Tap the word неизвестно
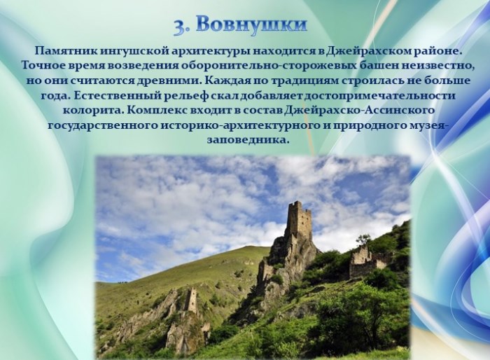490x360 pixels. coord(430,67)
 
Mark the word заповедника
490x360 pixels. coord(246,141)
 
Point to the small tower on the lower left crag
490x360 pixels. coord(192,300)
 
